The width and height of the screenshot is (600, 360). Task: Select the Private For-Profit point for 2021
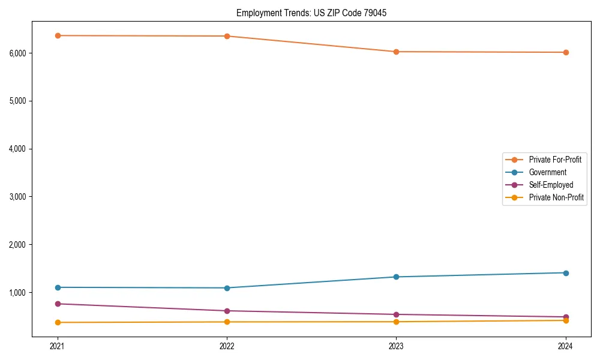click(58, 35)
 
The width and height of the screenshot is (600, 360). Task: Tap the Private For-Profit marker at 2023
click(396, 52)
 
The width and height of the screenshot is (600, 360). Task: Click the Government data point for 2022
click(227, 288)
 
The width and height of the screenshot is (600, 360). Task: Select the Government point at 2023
click(396, 277)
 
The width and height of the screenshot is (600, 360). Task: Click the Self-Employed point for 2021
click(58, 304)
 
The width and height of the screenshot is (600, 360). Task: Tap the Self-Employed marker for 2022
click(227, 311)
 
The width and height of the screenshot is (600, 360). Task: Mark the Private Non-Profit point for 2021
click(58, 322)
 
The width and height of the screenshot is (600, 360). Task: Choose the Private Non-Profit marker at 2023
click(396, 322)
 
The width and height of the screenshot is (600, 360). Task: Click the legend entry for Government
click(547, 172)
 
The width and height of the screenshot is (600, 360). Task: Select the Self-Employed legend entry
click(551, 185)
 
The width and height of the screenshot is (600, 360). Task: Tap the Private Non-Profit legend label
click(556, 197)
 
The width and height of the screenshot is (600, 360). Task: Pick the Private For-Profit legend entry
click(555, 160)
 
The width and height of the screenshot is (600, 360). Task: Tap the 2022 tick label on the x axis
click(227, 346)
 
